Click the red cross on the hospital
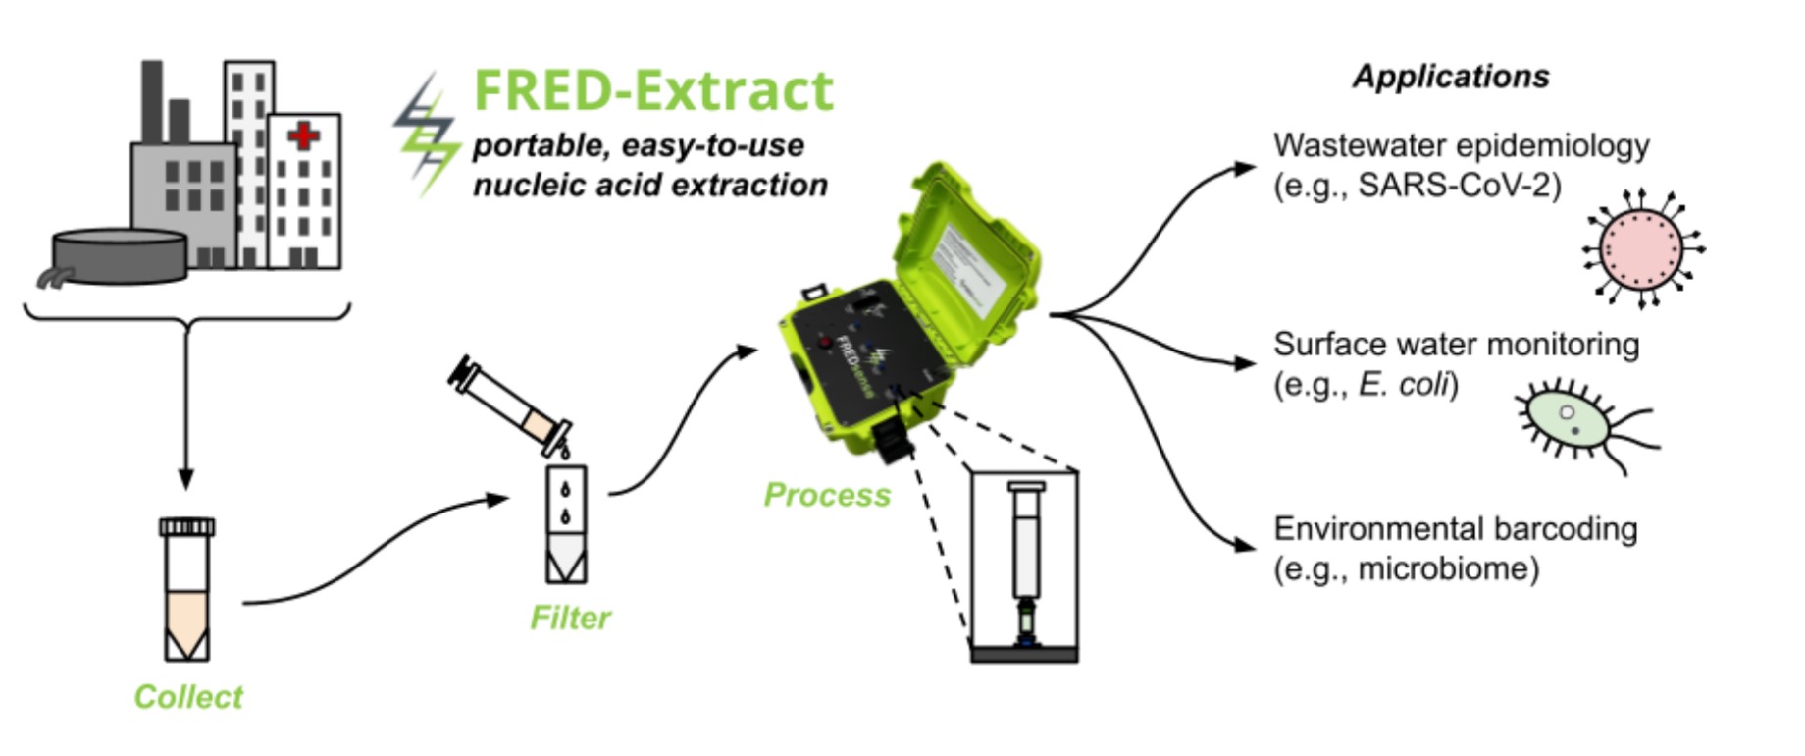click(304, 135)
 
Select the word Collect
click(187, 696)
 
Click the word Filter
click(570, 617)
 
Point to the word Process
click(827, 494)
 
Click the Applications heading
click(1451, 77)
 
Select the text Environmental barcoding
click(1455, 528)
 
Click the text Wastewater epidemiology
click(1461, 145)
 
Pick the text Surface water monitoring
click(1456, 344)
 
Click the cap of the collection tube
click(186, 527)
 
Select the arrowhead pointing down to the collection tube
click(185, 478)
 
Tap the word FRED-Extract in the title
click(652, 90)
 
